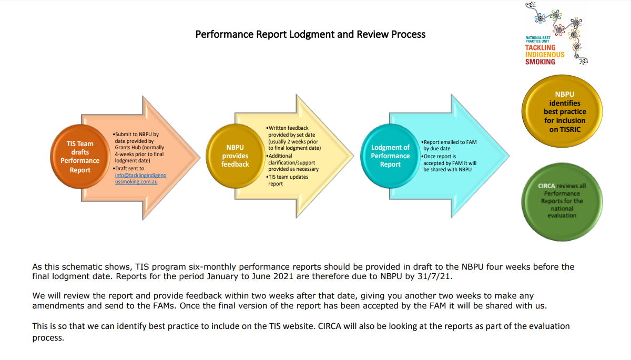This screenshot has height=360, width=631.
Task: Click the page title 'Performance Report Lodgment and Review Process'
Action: click(310, 35)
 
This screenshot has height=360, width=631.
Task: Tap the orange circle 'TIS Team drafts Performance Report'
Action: click(80, 157)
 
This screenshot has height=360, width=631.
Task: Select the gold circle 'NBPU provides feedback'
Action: click(235, 156)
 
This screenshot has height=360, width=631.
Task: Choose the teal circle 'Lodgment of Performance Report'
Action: click(390, 156)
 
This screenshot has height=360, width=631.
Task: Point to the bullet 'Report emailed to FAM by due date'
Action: click(450, 145)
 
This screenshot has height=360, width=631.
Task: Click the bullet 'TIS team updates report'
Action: click(288, 180)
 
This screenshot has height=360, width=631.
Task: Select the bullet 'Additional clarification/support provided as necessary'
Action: click(292, 162)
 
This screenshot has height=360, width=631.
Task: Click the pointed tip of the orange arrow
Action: click(200, 156)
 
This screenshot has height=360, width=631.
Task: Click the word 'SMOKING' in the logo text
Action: click(540, 62)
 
